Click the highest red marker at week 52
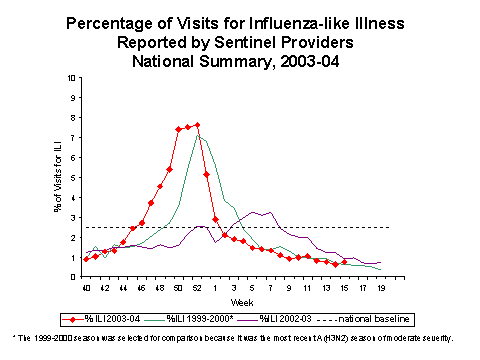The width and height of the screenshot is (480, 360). point(197,125)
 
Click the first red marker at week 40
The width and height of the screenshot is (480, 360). point(86,259)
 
